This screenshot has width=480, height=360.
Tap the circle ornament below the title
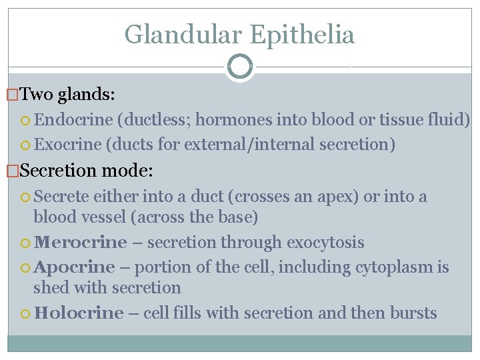[240, 67]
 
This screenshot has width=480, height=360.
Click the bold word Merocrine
[80, 242]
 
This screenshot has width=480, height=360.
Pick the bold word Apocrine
[75, 267]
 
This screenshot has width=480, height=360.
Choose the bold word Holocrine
[79, 313]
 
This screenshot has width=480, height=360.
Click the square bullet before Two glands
[13, 95]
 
